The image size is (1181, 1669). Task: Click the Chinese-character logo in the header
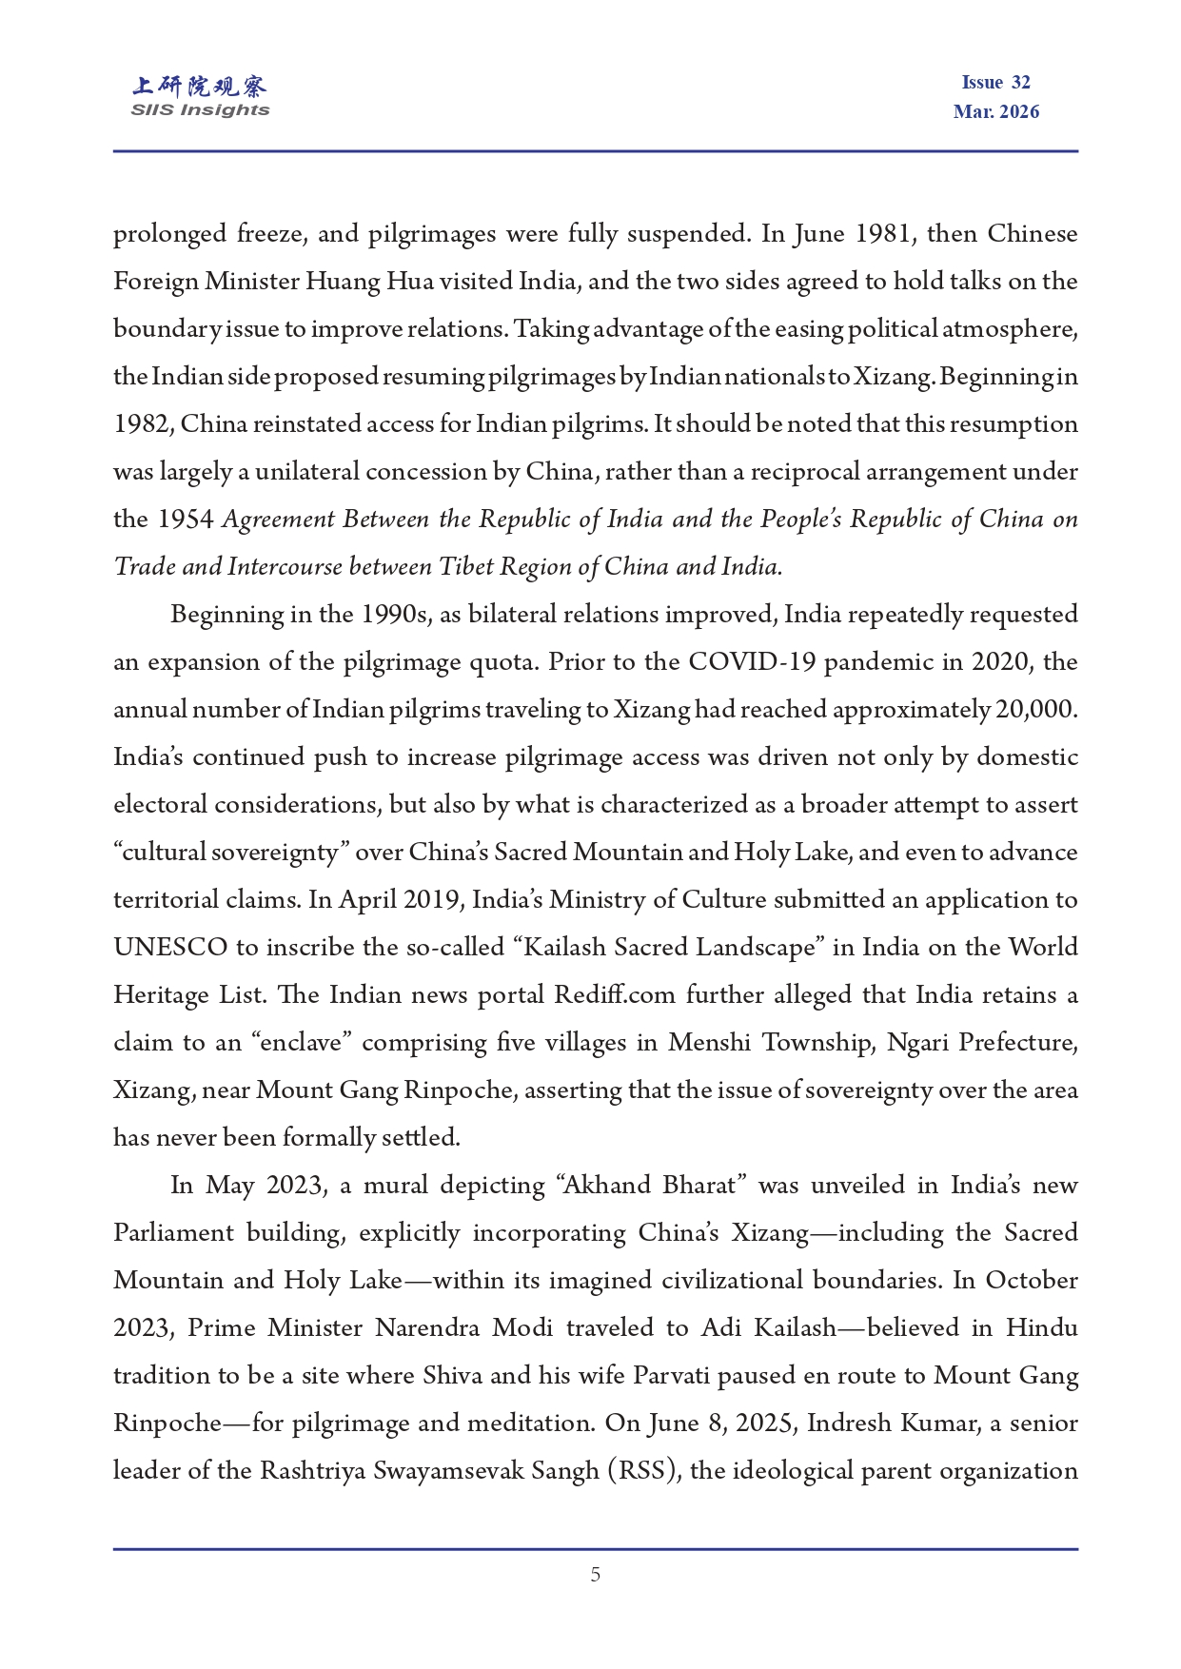click(200, 87)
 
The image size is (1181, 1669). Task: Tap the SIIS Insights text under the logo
click(200, 110)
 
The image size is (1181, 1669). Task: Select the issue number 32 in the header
click(1021, 83)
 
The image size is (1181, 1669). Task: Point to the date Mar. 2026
click(996, 112)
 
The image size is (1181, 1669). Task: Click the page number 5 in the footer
click(596, 1575)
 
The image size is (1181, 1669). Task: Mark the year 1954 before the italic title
click(186, 520)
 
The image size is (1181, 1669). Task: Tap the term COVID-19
click(752, 662)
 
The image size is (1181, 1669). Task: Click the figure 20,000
click(1036, 710)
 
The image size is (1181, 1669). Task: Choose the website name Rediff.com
click(614, 995)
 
